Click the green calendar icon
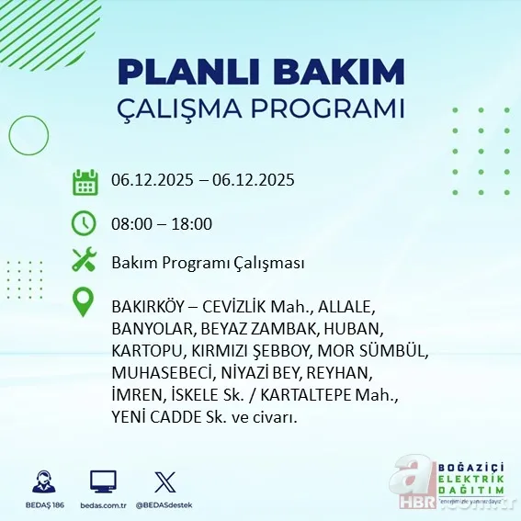coord(85,182)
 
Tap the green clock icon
coord(85,222)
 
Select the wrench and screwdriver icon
coord(85,261)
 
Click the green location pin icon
coord(85,302)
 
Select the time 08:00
coord(130,223)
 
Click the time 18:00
coord(193,223)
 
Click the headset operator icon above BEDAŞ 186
coord(43,481)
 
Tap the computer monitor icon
coord(103,481)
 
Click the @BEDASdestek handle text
coord(165,505)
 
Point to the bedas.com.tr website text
coord(103,505)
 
